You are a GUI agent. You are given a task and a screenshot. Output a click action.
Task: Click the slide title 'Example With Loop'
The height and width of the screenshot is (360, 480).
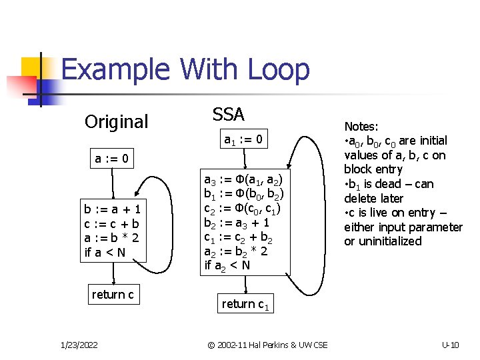[185, 70]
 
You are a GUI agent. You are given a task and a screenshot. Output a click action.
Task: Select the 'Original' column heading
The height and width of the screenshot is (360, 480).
[117, 122]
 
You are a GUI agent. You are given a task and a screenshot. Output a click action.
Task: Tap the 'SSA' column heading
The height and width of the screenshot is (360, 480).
[229, 114]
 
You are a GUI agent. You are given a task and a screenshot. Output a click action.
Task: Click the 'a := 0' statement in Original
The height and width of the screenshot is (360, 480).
[113, 159]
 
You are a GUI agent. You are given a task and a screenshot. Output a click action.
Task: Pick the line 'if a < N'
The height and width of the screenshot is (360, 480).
[105, 251]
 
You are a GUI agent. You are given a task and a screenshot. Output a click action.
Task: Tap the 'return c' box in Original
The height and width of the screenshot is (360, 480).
[113, 294]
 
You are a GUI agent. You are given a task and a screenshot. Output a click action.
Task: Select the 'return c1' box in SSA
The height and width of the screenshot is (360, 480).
[246, 305]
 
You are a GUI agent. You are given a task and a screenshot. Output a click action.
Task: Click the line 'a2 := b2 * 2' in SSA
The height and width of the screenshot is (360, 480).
[236, 252]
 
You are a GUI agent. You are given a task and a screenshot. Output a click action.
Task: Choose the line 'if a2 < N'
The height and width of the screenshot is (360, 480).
[227, 266]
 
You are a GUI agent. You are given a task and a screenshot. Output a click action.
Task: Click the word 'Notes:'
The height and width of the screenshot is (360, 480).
[361, 126]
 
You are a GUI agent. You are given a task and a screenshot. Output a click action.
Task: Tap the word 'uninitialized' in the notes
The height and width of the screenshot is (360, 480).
[383, 241]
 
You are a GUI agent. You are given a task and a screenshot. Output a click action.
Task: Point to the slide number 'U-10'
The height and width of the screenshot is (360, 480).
[451, 344]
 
